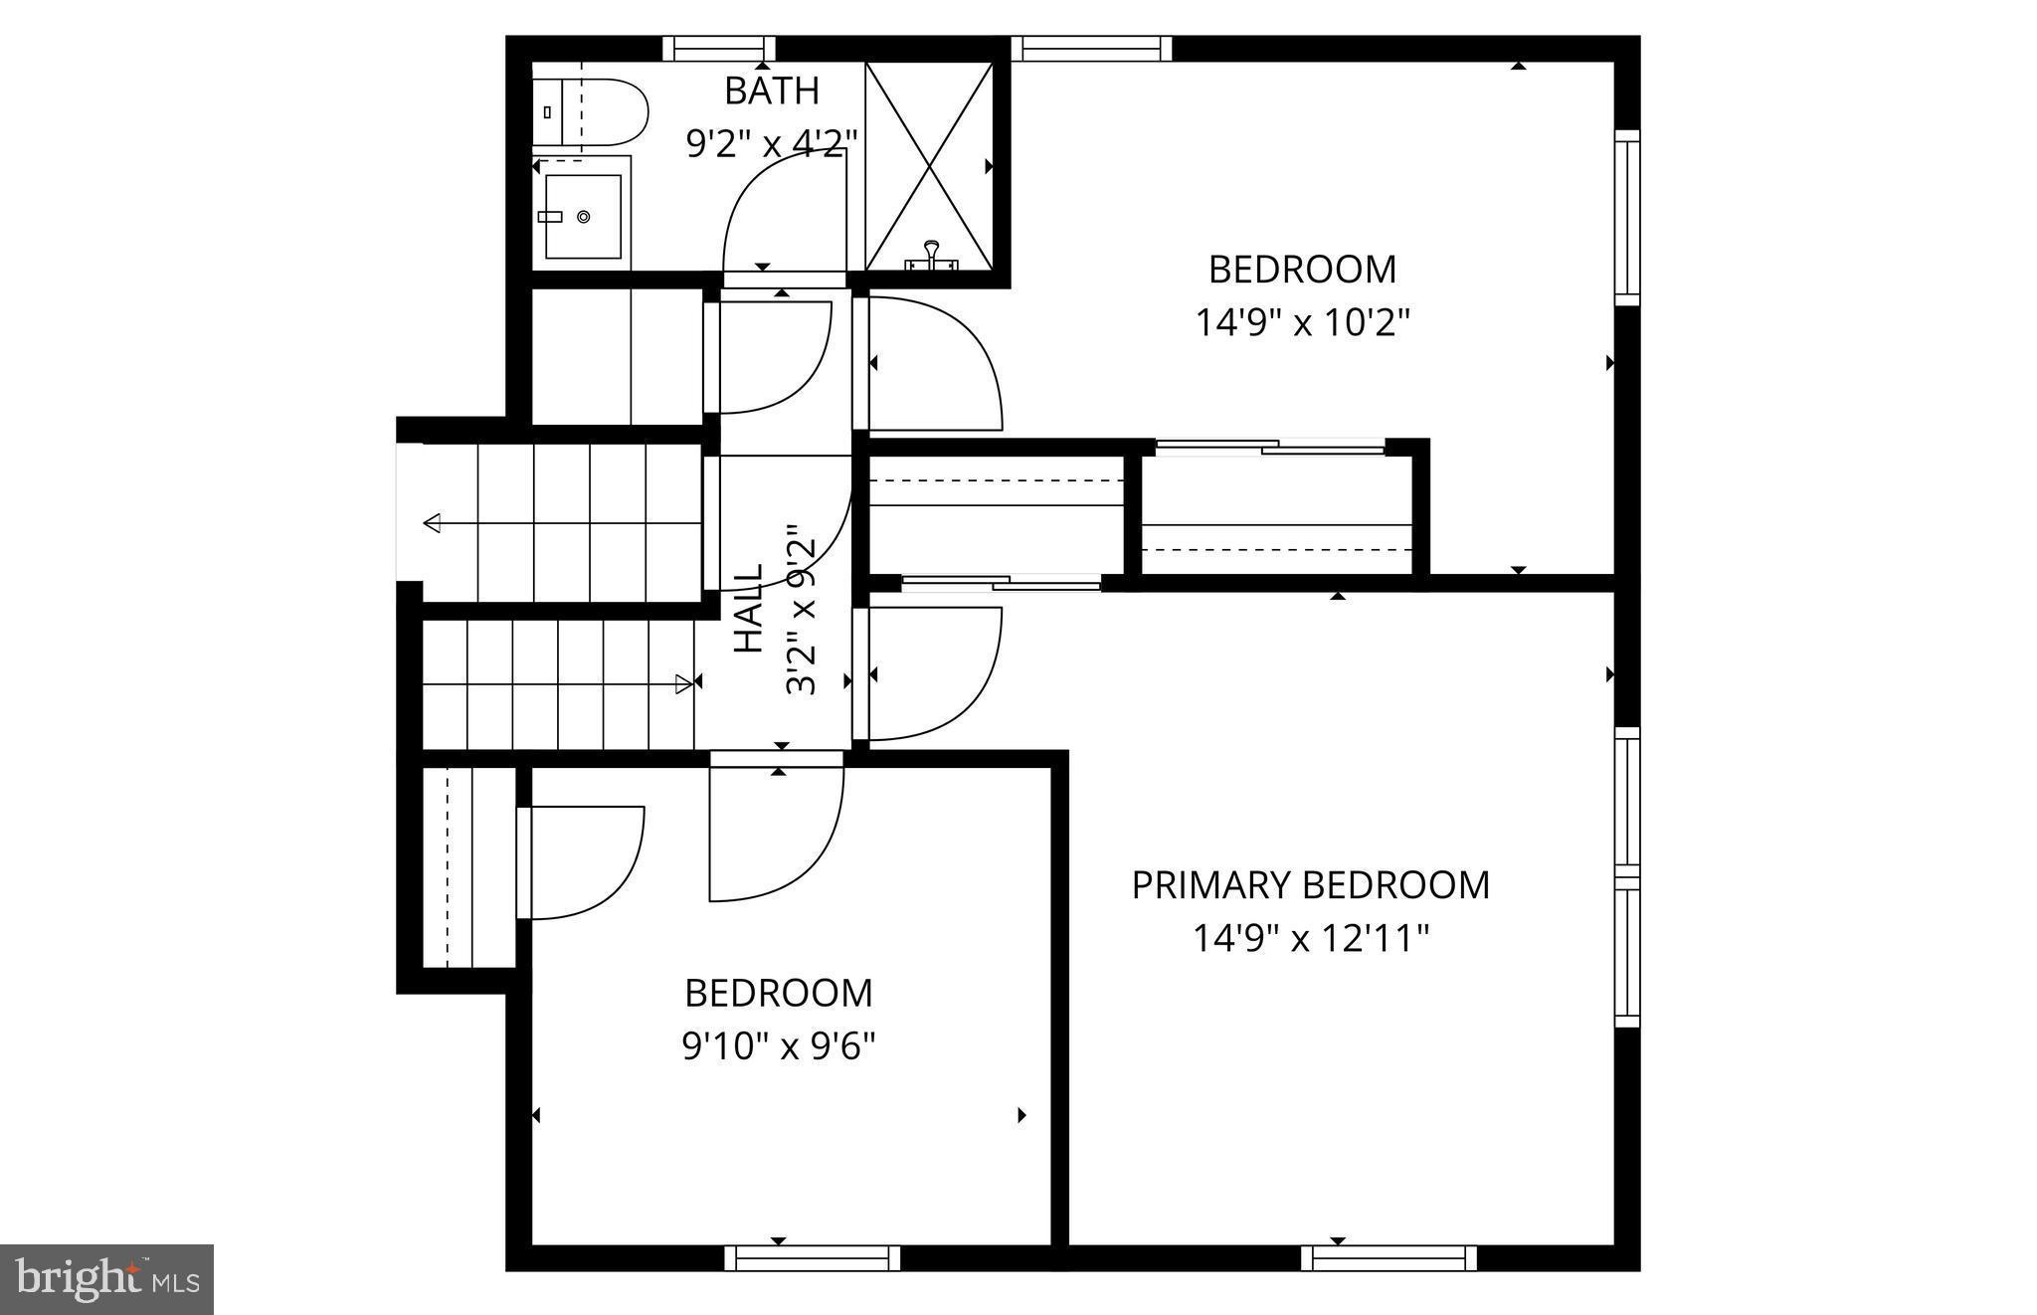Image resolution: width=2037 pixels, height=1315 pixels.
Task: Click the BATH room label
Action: point(772,91)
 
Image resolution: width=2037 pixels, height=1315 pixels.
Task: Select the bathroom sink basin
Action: point(583,216)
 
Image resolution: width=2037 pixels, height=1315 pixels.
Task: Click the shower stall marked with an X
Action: point(929,165)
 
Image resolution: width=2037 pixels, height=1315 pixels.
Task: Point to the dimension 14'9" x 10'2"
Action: point(1302,322)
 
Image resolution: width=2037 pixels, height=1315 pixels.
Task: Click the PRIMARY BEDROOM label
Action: point(1310,884)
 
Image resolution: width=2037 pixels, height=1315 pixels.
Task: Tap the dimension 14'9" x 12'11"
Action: point(1310,938)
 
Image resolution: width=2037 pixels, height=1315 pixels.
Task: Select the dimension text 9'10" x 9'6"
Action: point(778,1046)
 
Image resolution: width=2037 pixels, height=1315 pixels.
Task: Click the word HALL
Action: point(748,609)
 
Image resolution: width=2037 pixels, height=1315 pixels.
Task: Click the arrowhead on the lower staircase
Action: point(684,683)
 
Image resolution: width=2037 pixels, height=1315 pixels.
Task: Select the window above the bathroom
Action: point(719,48)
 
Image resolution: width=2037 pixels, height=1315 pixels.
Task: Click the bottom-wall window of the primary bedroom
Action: point(1389,1258)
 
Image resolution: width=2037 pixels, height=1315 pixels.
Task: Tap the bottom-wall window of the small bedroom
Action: point(812,1258)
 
